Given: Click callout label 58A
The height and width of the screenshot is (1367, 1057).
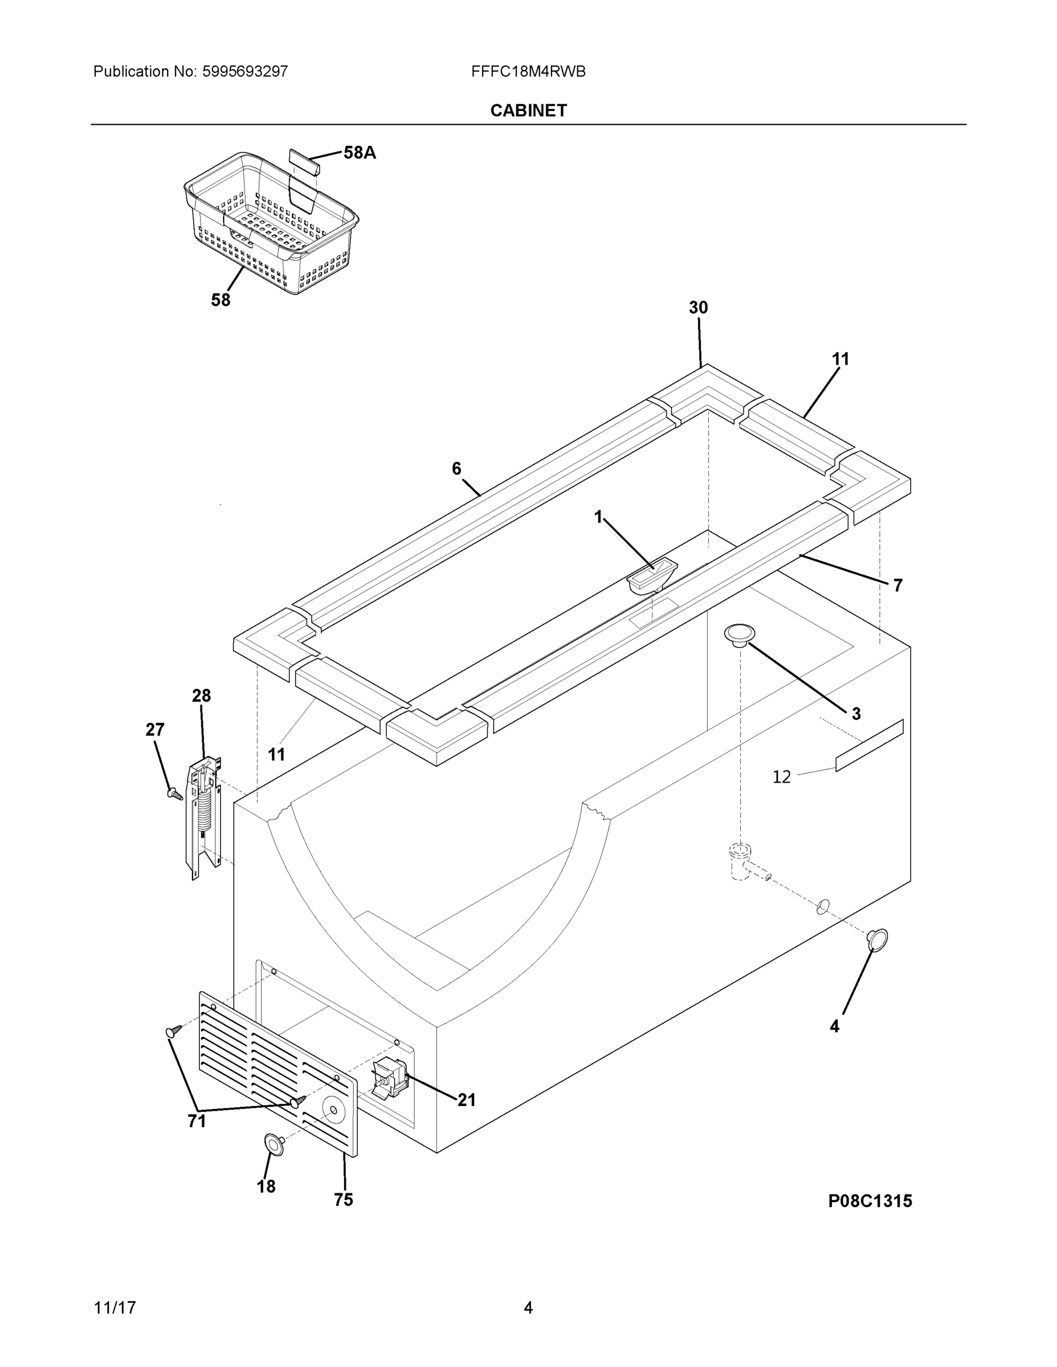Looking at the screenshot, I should pos(360,153).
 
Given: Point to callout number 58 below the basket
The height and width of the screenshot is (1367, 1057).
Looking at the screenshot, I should pos(221,300).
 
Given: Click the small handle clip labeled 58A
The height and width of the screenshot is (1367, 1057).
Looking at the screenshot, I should pos(304,162).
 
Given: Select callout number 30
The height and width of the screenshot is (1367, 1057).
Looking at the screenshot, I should pos(698,308).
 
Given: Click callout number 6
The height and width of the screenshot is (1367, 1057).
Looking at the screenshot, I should pos(456,468).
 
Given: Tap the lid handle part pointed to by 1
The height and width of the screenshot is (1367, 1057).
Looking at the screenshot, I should pos(652,576).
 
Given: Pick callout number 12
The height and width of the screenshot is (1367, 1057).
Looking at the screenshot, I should pos(781,777).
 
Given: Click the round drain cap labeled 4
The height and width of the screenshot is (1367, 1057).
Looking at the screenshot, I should pos(878,939).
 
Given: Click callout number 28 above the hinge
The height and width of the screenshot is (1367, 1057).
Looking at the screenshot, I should pos(201,695).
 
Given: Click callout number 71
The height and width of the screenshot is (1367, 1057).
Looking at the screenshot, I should pos(197,1121).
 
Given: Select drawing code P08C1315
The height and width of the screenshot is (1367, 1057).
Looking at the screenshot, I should pos(870,1201).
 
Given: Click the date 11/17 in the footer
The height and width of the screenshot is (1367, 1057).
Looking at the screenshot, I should pos(115,1308).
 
